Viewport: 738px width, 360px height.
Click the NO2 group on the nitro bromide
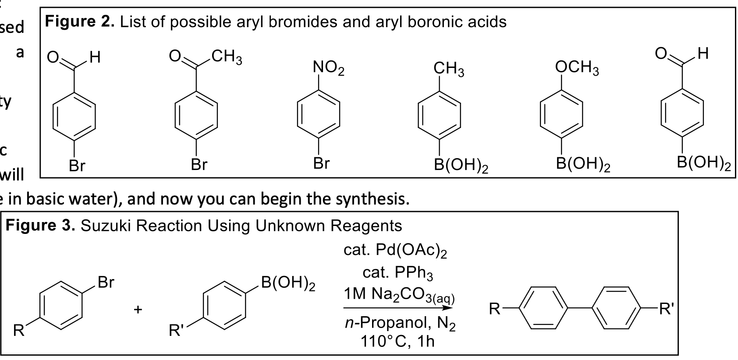click(329, 68)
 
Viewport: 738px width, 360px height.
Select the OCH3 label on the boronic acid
click(577, 68)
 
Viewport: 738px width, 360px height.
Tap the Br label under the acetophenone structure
click(199, 165)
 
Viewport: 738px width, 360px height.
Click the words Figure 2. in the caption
click(79, 21)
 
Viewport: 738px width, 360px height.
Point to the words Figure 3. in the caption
click(40, 226)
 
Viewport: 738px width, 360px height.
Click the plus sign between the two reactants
click(138, 310)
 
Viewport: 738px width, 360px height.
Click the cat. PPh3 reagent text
click(397, 273)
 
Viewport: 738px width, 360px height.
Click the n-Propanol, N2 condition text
click(398, 323)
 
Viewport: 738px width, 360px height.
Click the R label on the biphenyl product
click(494, 310)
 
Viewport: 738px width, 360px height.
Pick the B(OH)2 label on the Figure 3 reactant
click(288, 284)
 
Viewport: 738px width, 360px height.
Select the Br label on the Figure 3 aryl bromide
click(106, 282)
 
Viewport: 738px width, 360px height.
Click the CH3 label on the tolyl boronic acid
click(449, 69)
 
